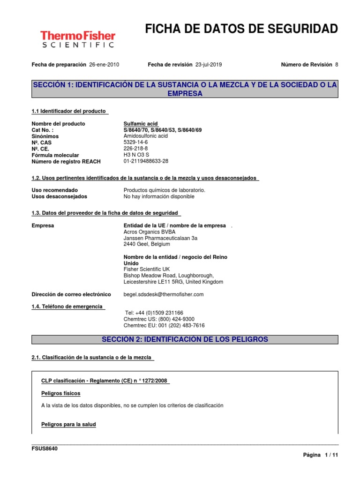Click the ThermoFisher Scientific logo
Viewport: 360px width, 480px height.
click(x=78, y=39)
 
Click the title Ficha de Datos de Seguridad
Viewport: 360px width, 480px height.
click(x=241, y=29)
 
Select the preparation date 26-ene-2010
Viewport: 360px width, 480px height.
click(x=104, y=65)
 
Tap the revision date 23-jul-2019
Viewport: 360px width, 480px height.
click(x=209, y=65)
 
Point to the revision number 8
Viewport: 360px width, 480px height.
click(x=336, y=65)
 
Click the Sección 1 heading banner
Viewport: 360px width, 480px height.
click(x=185, y=89)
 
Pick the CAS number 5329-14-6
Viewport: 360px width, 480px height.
click(x=136, y=142)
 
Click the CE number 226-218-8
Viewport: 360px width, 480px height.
click(x=135, y=149)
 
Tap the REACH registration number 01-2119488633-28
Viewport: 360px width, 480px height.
click(x=146, y=161)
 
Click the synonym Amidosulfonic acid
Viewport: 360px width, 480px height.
click(x=145, y=136)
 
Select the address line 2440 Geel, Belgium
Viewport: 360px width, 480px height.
click(x=147, y=244)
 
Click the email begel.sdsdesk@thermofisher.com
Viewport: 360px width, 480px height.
click(x=164, y=294)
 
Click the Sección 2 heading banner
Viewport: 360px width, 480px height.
click(x=185, y=339)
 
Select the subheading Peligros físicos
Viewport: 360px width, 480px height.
click(x=61, y=393)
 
